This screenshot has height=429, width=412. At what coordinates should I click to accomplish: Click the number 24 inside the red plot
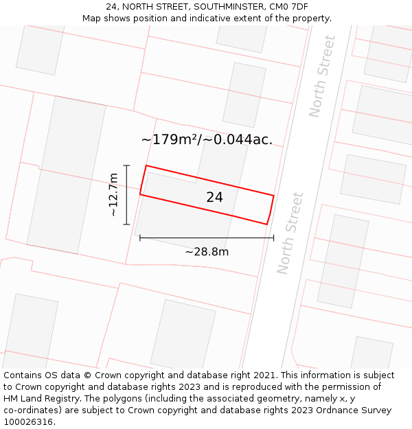(214, 197)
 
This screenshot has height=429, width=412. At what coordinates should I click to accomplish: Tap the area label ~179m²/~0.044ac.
(207, 139)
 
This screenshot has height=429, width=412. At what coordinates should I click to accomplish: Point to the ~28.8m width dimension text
(207, 252)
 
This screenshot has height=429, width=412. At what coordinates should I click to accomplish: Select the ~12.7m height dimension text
(113, 195)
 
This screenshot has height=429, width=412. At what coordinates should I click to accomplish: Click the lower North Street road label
(290, 233)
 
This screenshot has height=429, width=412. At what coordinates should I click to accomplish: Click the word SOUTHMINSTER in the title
(225, 7)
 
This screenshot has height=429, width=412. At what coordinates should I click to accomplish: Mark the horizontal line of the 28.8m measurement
(207, 238)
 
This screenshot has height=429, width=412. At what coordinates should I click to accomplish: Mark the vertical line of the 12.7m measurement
(127, 195)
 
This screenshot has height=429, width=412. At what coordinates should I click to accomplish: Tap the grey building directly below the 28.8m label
(183, 336)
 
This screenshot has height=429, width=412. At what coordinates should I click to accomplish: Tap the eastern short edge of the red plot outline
(271, 209)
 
